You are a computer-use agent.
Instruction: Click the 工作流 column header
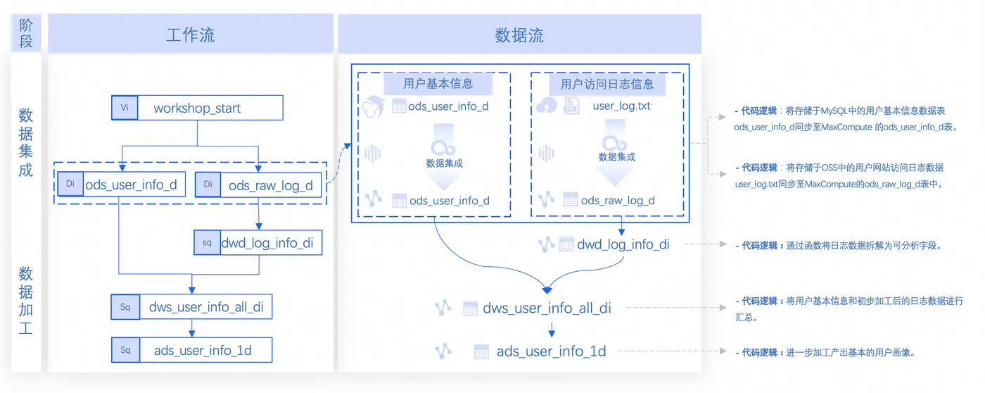[191, 35]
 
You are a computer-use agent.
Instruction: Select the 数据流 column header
[519, 35]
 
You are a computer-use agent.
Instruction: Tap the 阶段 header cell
[26, 33]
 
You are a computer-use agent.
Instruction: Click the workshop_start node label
[197, 108]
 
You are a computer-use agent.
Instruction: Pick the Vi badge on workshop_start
[125, 108]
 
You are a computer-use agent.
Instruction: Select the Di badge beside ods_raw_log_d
[208, 185]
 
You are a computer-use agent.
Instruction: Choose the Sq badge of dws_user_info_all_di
[125, 307]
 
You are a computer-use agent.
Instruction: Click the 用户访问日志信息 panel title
[607, 84]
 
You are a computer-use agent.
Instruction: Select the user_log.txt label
[621, 106]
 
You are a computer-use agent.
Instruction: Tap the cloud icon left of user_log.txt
[546, 106]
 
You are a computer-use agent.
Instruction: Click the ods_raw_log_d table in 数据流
[618, 200]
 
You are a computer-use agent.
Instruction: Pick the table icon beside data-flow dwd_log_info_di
[566, 244]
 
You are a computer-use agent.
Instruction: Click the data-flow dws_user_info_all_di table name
[547, 308]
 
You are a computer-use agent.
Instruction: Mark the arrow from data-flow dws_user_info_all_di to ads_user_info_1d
[552, 328]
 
